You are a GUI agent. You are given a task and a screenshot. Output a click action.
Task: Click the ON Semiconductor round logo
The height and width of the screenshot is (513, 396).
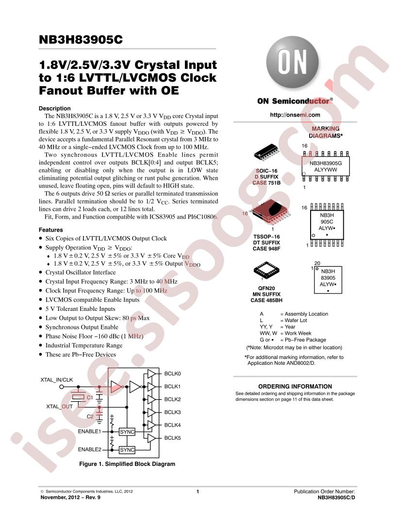[x=293, y=62]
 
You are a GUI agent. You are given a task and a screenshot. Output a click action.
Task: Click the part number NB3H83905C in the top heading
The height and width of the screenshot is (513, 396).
[x=81, y=39]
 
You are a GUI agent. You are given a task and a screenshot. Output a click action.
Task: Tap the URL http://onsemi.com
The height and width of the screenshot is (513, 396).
[x=295, y=115]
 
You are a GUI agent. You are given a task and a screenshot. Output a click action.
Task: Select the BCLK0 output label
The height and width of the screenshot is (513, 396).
[x=172, y=374]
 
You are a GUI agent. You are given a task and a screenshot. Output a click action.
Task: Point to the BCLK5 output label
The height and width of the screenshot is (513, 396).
[x=172, y=438]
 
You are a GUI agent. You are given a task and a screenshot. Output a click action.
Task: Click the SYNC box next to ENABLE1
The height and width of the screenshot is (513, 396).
[x=127, y=432]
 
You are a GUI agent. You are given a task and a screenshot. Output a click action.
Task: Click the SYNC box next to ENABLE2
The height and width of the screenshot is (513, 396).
[x=127, y=450]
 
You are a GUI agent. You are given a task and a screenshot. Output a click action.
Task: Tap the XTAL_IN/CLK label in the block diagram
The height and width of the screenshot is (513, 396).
[x=56, y=380]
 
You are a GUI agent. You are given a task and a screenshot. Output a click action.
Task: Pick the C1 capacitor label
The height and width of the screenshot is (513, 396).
[x=90, y=397]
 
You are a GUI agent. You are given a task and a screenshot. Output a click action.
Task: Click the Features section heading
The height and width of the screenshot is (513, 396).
[x=50, y=230]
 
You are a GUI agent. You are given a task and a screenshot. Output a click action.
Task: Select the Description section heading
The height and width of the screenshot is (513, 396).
[x=54, y=109]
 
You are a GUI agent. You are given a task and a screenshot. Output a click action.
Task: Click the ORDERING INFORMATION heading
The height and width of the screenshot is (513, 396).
[x=295, y=386]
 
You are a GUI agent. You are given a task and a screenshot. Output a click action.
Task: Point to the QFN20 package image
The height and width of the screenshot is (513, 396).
[x=266, y=271]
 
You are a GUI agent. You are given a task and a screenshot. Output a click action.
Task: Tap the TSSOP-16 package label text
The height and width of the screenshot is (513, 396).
[x=266, y=237]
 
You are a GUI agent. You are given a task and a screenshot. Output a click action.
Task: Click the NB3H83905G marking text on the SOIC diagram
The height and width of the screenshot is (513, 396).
[x=326, y=163]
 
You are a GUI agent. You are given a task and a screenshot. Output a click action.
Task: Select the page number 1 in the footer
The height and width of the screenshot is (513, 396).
[x=198, y=492]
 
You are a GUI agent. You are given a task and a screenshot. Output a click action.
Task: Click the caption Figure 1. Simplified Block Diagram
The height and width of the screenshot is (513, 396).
[x=127, y=464]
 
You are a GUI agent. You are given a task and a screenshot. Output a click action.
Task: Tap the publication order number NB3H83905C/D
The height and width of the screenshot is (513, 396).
[x=336, y=497]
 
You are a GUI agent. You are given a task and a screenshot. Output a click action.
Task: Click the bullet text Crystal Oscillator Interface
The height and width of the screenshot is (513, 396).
[x=81, y=273]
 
